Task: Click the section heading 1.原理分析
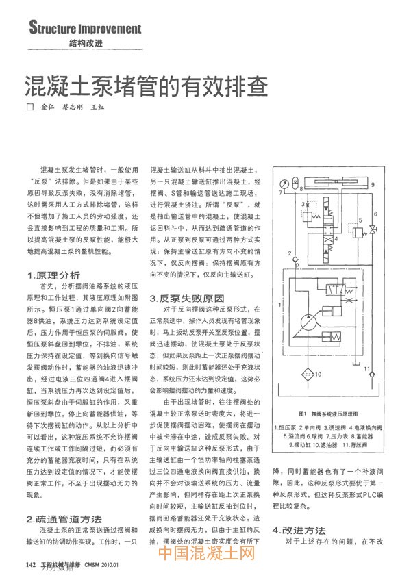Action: point(51,275)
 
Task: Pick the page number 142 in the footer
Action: point(30,566)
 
